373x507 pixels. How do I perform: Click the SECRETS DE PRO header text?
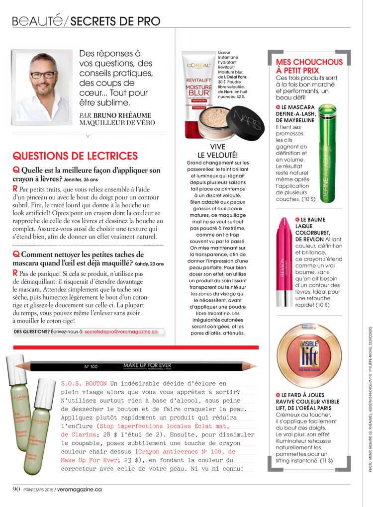115,21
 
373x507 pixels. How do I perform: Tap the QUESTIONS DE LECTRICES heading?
75,156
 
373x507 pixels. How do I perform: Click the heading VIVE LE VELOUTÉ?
218,151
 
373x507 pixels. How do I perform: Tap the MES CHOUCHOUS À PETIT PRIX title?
309,66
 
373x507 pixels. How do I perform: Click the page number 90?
16,489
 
